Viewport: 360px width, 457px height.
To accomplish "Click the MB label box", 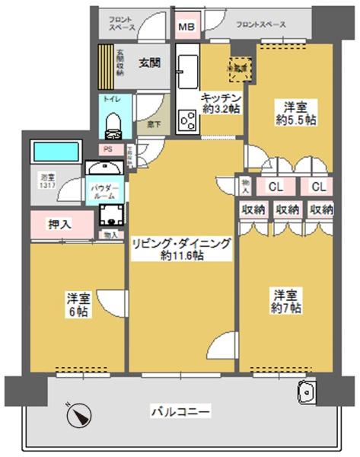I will pos(186,28).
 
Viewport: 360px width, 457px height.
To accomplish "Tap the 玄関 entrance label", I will pos(149,63).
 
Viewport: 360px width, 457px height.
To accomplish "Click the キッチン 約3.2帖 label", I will pos(221,103).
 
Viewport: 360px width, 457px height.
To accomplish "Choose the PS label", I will pos(107,149).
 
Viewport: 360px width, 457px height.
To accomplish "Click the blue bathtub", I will pos(56,151).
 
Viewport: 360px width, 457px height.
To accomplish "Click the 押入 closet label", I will pos(59,225).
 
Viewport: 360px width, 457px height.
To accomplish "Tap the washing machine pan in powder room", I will pos(109,213).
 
